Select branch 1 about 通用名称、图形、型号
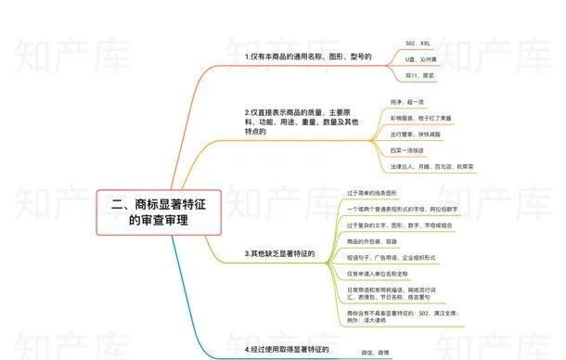[x=301, y=57]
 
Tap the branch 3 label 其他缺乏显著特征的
[x=278, y=253]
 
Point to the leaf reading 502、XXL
[x=418, y=43]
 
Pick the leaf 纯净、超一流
[x=408, y=101]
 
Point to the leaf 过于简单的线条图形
[x=372, y=193]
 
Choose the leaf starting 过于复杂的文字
[x=400, y=225]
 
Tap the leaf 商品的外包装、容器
[x=371, y=241]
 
